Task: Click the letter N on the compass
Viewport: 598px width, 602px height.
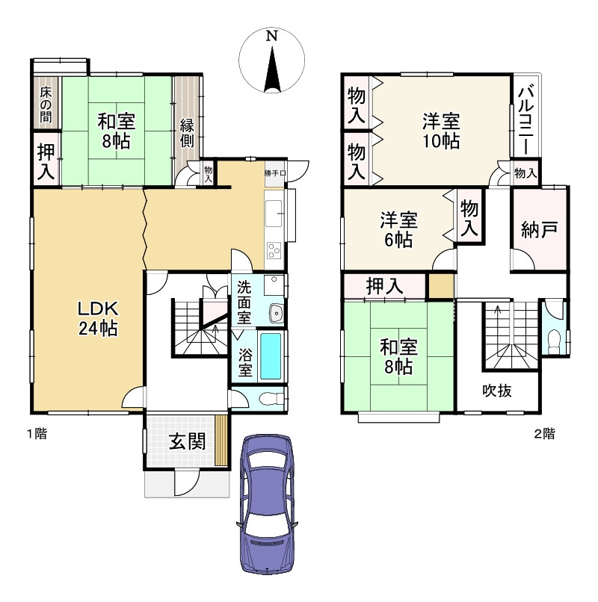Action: [272, 36]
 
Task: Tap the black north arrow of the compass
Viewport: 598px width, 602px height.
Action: [272, 70]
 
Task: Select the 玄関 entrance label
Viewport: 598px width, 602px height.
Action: [188, 441]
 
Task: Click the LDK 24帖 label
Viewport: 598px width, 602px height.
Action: [98, 318]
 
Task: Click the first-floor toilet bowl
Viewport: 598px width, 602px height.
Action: [270, 399]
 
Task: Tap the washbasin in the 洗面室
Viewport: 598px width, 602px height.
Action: [277, 313]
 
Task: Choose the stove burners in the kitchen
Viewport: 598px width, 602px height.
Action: [274, 251]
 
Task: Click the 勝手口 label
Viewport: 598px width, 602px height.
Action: [275, 173]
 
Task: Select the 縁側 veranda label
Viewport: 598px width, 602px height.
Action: [187, 133]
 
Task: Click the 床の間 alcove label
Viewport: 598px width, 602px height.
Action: [46, 105]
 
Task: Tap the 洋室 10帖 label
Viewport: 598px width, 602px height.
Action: [441, 131]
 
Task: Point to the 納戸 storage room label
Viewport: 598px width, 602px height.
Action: [539, 229]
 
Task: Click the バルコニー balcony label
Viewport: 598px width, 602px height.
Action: [525, 120]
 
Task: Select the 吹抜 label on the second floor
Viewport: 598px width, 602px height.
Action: [497, 391]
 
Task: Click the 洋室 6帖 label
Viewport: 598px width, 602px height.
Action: [398, 229]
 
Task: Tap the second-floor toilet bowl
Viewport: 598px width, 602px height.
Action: [554, 342]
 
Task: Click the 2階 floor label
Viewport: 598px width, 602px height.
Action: [544, 434]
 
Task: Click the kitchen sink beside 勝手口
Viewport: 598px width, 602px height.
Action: [274, 214]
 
